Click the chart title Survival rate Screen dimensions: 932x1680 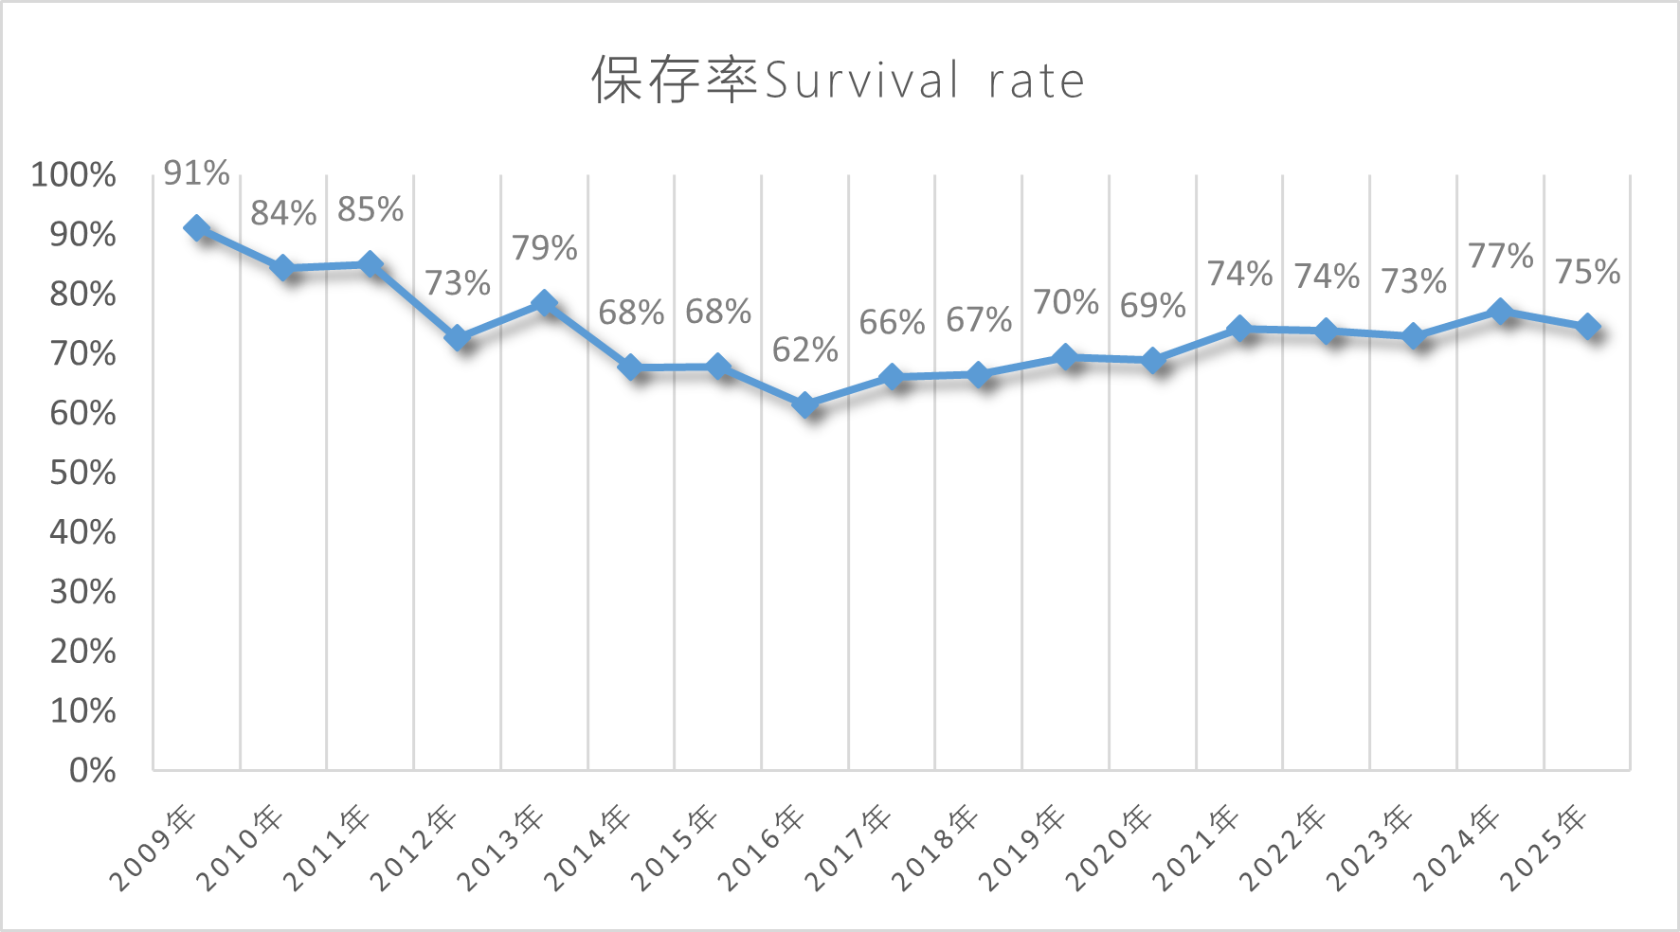coord(838,80)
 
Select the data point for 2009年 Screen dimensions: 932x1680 coord(197,228)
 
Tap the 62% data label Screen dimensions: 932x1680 coord(804,350)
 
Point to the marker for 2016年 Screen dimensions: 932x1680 coord(805,405)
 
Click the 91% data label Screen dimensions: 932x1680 coord(197,173)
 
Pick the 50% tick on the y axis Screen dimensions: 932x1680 coord(83,473)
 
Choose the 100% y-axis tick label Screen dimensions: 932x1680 coord(74,175)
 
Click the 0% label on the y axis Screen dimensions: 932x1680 coord(93,770)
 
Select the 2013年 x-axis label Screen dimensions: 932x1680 coord(500,848)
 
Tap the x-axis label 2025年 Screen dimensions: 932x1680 coord(1544,848)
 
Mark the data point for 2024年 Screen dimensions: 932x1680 coord(1500,311)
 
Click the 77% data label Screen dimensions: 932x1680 coord(1500,256)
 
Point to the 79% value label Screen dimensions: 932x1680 coord(545,248)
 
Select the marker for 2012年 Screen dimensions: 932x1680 coord(458,338)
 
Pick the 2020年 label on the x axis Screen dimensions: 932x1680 coord(1109,848)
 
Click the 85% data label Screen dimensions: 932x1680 coord(370,209)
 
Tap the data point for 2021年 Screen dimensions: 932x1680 coord(1239,329)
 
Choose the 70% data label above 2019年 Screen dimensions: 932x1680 coord(1066,302)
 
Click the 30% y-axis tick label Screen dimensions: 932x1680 coord(83,592)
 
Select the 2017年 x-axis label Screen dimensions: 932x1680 coord(848,848)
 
